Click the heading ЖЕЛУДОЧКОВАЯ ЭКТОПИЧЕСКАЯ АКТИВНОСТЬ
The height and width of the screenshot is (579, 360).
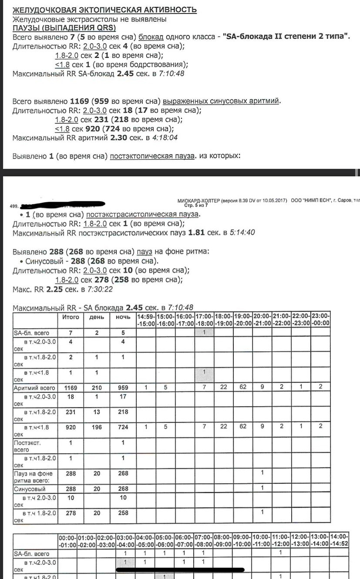pyautogui.click(x=104, y=10)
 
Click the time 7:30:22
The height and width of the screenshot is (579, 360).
pyautogui.click(x=100, y=289)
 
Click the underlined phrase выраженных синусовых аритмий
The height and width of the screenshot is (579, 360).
pyautogui.click(x=221, y=101)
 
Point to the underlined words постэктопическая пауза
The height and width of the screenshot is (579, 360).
pyautogui.click(x=152, y=156)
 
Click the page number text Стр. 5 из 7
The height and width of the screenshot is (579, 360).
pyautogui.click(x=196, y=205)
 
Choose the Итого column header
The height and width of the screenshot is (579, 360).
pyautogui.click(x=71, y=317)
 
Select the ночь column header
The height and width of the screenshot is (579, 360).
pyautogui.click(x=123, y=317)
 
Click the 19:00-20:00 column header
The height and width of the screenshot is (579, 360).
pyautogui.click(x=243, y=320)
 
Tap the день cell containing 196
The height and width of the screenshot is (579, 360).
pyautogui.click(x=97, y=427)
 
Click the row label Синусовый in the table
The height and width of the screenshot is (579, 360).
pyautogui.click(x=30, y=489)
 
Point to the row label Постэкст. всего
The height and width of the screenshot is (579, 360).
pyautogui.click(x=27, y=446)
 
